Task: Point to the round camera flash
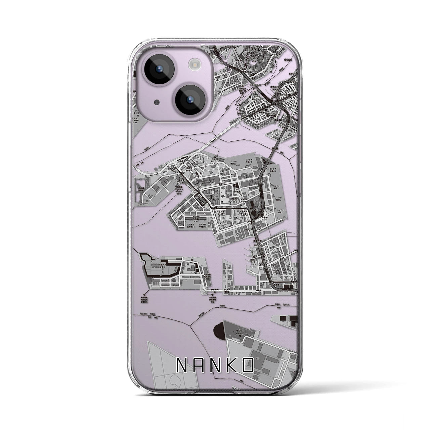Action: [x=194, y=64]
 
